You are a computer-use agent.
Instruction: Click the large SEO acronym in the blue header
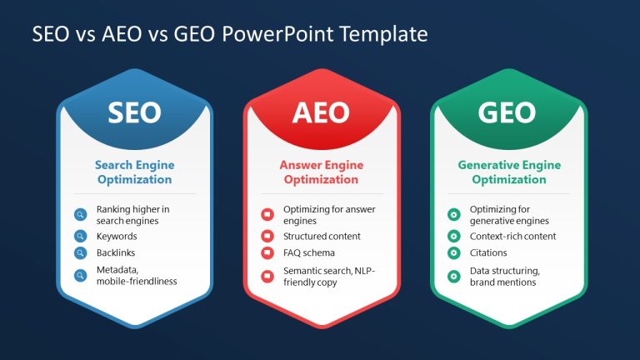(x=133, y=113)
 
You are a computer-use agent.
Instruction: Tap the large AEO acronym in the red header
(x=321, y=113)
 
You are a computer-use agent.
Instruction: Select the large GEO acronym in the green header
(x=508, y=113)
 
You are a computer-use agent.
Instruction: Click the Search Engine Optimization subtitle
(x=133, y=172)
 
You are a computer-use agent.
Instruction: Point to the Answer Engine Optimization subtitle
(x=321, y=172)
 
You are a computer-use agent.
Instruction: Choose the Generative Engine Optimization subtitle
(x=508, y=172)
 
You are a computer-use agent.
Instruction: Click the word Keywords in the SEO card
(x=117, y=236)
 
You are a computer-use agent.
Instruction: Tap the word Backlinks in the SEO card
(x=116, y=252)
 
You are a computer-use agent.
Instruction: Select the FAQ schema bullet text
(x=308, y=252)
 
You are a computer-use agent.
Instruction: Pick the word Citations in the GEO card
(x=488, y=252)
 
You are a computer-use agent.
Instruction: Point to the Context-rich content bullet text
(x=512, y=236)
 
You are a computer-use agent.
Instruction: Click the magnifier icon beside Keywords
(x=80, y=236)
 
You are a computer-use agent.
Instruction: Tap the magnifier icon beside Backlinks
(x=80, y=252)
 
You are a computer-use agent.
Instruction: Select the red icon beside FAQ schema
(x=267, y=252)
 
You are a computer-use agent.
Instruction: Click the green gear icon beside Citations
(x=454, y=252)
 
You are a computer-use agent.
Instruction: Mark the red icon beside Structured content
(x=267, y=236)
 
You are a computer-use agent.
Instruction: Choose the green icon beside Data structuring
(x=454, y=276)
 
